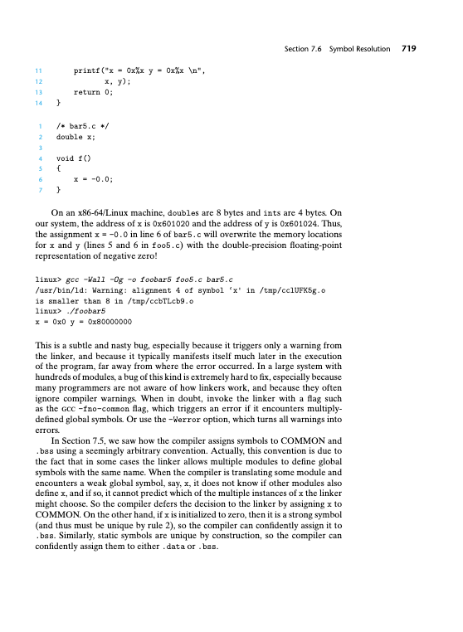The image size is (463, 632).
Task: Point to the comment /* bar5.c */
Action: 83,127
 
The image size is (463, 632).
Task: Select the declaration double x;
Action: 76,137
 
